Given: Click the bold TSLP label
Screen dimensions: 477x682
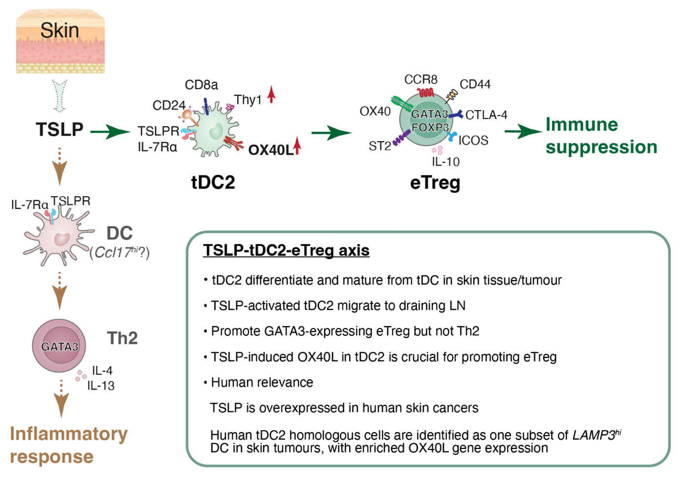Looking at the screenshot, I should [60, 130].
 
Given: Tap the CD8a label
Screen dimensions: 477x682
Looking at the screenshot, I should [201, 85].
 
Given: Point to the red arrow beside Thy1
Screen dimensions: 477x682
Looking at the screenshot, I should [271, 94].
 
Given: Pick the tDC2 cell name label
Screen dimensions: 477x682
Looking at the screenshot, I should [213, 182].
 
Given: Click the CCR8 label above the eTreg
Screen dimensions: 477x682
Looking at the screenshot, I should [421, 80].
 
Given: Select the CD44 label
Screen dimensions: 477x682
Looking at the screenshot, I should [475, 85].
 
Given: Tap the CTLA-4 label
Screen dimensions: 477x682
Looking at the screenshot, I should [486, 115].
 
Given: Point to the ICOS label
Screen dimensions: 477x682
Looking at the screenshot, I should [473, 141].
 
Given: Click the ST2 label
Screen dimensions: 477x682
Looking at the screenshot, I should [379, 146].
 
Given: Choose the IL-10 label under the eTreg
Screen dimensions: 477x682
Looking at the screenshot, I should [445, 162].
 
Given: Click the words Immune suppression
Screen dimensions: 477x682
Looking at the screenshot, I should [601, 136].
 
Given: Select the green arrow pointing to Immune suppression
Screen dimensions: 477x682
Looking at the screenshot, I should [523, 131].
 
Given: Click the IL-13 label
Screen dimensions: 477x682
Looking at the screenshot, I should [101, 386].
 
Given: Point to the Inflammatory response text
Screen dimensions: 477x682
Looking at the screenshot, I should [68, 445].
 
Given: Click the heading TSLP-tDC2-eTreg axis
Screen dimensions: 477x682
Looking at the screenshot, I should [286, 250].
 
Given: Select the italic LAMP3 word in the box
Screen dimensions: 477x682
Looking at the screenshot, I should [594, 435].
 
